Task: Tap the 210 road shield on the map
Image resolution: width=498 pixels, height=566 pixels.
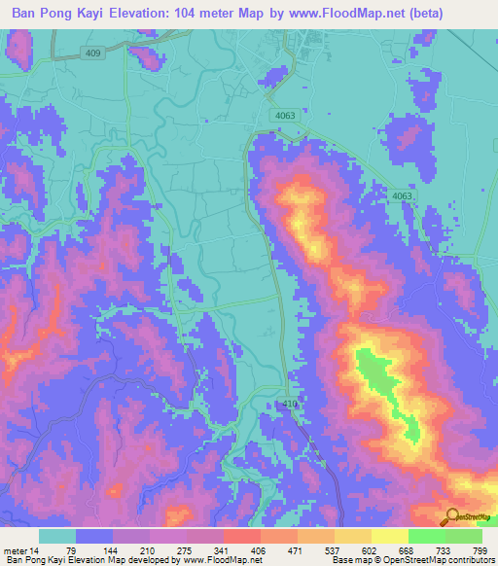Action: click(x=290, y=403)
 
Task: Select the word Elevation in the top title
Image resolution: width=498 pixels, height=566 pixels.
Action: click(x=155, y=14)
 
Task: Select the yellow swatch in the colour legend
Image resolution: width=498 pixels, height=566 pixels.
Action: click(x=389, y=536)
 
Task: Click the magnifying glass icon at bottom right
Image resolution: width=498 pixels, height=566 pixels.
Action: click(x=451, y=516)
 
